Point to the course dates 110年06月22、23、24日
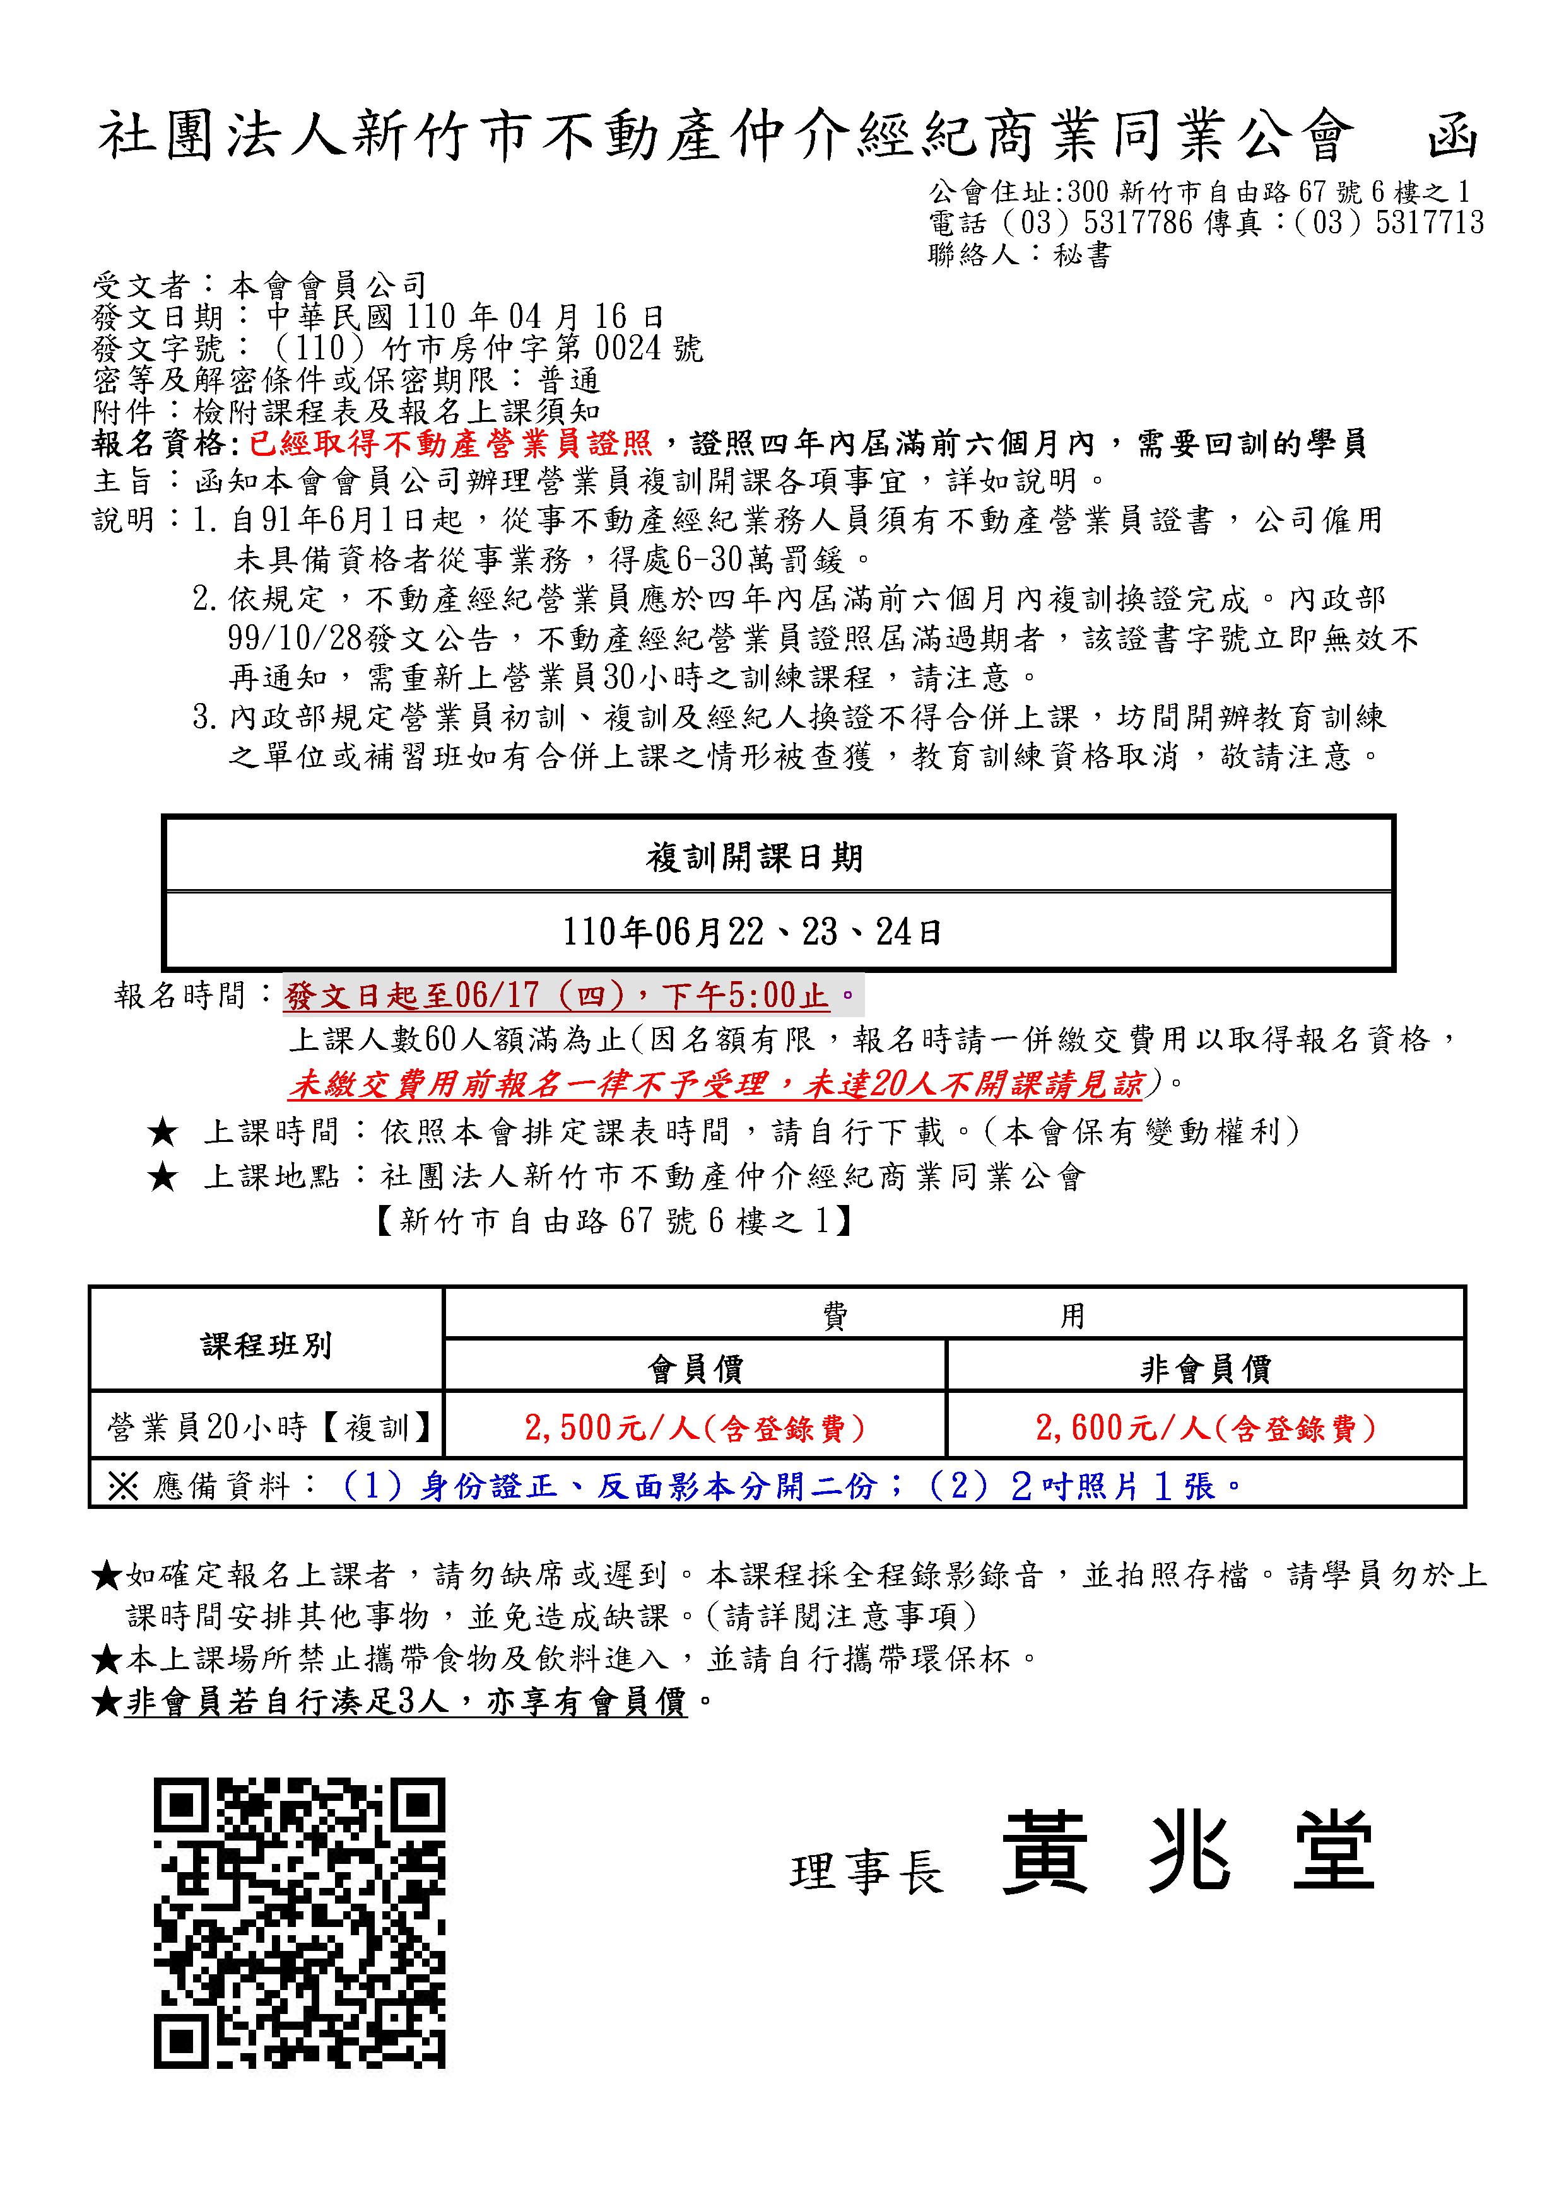tap(753, 931)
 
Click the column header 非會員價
tap(1206, 1368)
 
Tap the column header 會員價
tap(695, 1368)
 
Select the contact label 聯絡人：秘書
tap(1020, 255)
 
